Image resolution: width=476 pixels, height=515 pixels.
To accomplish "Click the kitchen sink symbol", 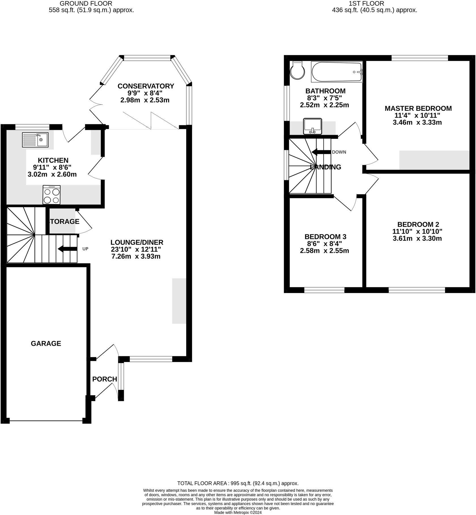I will [35, 139].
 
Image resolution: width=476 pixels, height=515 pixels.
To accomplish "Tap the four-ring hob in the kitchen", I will [52, 195].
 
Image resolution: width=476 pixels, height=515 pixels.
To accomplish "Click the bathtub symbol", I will [337, 72].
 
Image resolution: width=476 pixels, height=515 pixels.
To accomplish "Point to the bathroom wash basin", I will [313, 126].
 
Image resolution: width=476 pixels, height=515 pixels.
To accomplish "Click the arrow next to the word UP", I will [67, 249].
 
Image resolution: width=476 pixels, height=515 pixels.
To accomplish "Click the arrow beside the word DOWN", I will [321, 152].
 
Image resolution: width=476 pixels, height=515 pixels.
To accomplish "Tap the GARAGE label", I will [46, 344].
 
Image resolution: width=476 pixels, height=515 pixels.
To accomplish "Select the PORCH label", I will [105, 379].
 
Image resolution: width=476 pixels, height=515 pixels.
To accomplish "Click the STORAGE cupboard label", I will [64, 221].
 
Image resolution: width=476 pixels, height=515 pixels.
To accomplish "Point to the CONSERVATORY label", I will [146, 86].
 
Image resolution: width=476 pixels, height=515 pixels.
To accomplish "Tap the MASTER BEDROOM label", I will [418, 108].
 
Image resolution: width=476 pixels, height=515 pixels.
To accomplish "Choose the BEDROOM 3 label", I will [325, 237].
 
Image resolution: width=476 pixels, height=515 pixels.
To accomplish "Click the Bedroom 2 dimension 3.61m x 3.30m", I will [417, 238].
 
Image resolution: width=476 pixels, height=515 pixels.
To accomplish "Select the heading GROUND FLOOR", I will [86, 3].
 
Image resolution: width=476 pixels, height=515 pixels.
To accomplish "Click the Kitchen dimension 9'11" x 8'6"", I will [52, 167].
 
